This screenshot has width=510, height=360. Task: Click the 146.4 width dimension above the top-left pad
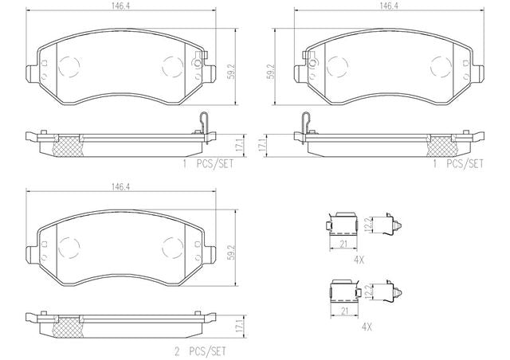[120, 6]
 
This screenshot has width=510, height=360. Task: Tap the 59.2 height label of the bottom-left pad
[232, 250]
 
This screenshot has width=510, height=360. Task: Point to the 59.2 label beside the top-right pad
[271, 72]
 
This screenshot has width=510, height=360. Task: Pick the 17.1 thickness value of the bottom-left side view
[240, 327]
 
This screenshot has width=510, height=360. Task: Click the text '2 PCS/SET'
[200, 351]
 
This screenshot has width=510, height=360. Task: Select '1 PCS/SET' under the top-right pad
[458, 163]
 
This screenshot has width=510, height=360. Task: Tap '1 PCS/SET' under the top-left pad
[208, 163]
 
